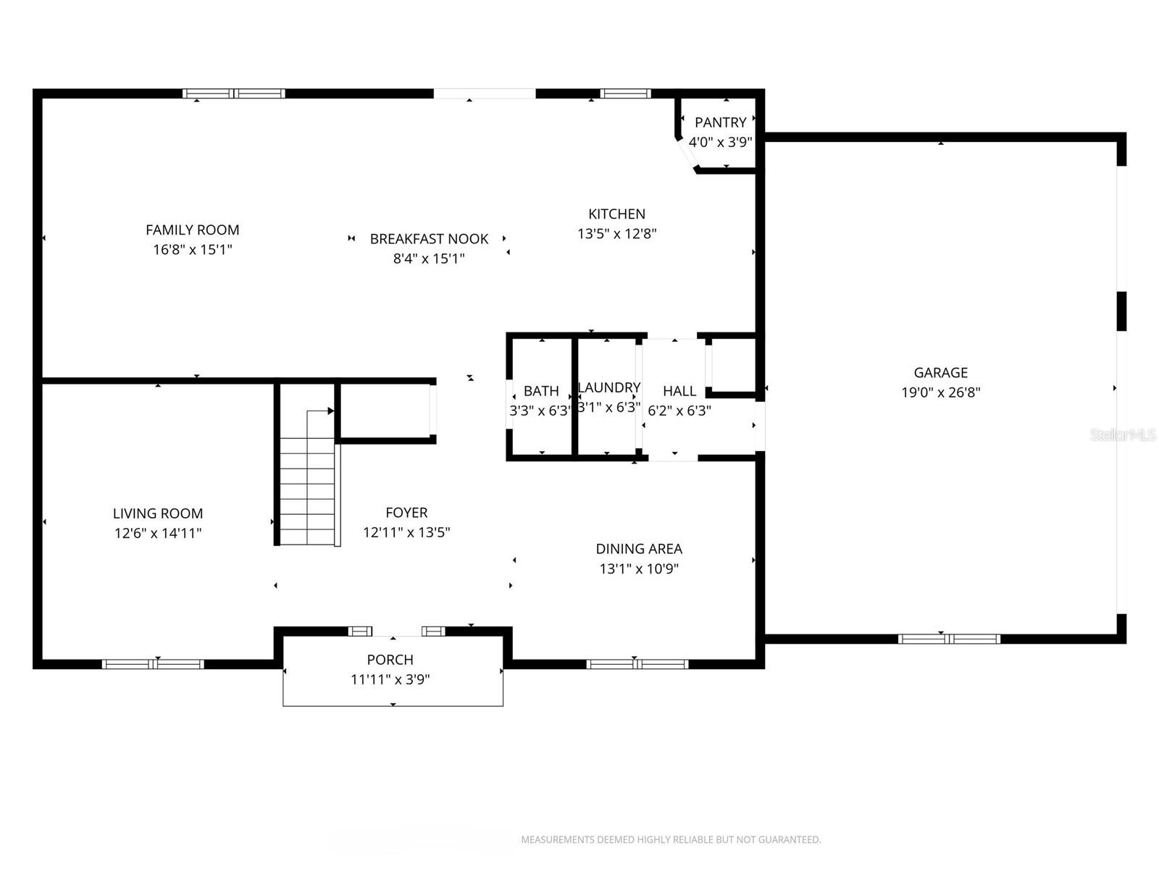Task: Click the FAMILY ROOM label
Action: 192,230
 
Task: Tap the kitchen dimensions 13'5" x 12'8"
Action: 616,234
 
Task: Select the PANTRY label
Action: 720,122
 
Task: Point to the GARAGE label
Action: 940,372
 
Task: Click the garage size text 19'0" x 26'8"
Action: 940,392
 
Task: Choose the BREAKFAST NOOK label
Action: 429,238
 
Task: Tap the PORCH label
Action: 390,660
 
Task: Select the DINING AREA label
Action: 639,549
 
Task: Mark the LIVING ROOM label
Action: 157,513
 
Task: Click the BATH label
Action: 541,391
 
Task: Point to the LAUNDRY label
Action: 609,387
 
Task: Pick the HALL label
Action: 679,391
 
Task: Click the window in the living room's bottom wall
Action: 153,663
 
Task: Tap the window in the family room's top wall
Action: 233,93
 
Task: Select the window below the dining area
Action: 637,663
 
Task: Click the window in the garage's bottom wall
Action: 949,639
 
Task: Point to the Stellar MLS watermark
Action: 1123,434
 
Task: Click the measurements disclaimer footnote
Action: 671,840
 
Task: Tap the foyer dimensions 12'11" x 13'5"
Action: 406,532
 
